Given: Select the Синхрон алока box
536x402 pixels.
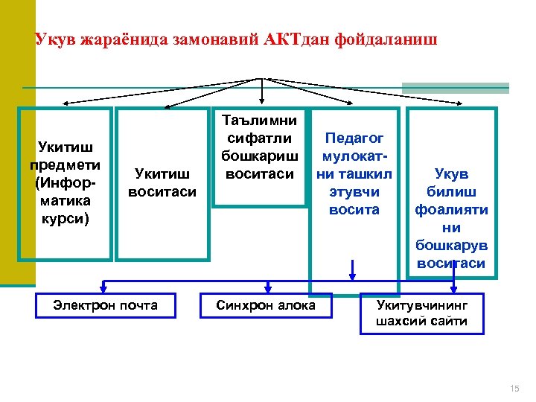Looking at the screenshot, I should (265, 304).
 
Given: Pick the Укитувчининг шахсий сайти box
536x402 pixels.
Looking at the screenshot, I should (422, 313).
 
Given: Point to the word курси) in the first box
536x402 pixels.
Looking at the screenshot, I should (65, 218).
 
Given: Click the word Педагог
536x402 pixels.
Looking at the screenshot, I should (354, 139).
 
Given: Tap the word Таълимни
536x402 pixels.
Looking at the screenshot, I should (261, 121).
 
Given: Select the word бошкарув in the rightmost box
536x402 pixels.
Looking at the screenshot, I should (452, 245).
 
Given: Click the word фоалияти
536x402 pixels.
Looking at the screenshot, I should (452, 209).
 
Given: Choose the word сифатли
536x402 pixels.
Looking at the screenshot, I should (260, 138).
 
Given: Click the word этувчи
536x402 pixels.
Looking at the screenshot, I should (354, 192).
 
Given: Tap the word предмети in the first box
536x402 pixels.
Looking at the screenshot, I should (65, 165).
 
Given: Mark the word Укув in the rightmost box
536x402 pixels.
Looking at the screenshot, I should (452, 173).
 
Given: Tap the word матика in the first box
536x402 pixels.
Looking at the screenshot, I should (65, 200).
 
